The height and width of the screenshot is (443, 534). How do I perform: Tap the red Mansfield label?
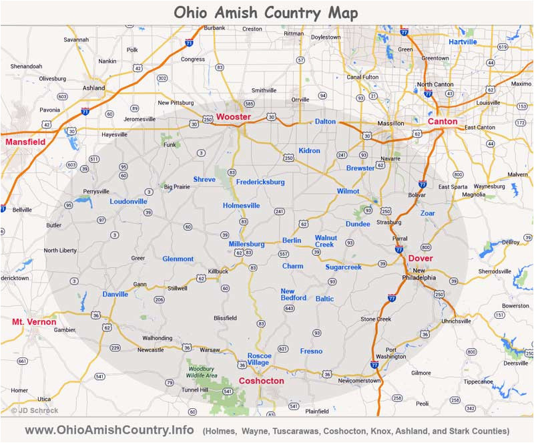pyautogui.click(x=24, y=142)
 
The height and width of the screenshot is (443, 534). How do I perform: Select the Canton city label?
pyautogui.click(x=442, y=122)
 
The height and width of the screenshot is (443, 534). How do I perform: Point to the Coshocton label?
pyautogui.click(x=261, y=381)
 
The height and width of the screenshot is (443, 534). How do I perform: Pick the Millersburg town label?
pyautogui.click(x=246, y=245)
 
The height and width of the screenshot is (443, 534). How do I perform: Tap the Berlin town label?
pyautogui.click(x=292, y=241)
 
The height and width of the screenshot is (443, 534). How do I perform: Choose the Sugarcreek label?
pyautogui.click(x=343, y=267)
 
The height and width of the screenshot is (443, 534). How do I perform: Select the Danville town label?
pyautogui.click(x=115, y=295)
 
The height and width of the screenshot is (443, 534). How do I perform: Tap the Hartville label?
pyautogui.click(x=463, y=42)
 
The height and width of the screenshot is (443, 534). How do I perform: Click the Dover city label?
pyautogui.click(x=420, y=258)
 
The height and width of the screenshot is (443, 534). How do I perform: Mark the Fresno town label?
pyautogui.click(x=311, y=351)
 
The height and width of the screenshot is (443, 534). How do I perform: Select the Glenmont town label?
pyautogui.click(x=178, y=259)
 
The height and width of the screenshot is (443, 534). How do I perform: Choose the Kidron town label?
pyautogui.click(x=309, y=151)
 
